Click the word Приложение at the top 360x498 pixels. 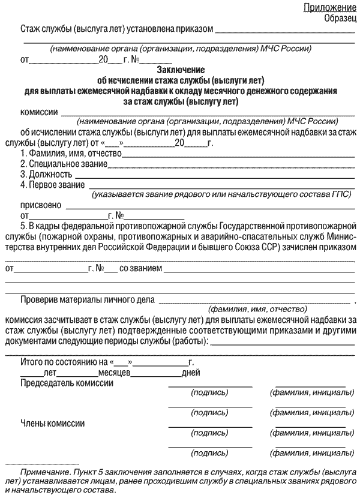[329, 7]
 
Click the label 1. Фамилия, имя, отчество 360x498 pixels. [71, 154]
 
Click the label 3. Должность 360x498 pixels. [46, 175]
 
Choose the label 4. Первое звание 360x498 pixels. [52, 185]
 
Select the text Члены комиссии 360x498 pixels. [53, 423]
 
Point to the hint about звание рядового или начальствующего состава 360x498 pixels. [221, 194]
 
